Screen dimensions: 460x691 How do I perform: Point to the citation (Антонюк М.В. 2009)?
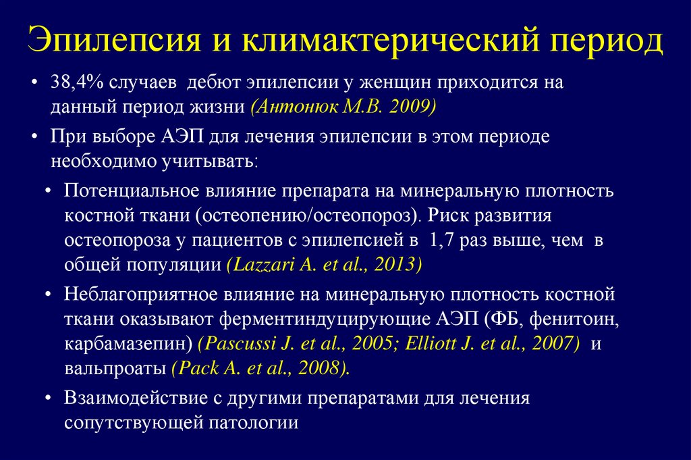pyautogui.click(x=343, y=107)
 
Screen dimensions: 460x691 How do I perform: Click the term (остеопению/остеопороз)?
pyautogui.click(x=304, y=216)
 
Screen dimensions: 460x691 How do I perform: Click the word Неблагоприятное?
pyautogui.click(x=136, y=295)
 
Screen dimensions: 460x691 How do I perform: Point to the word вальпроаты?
pyautogui.click(x=115, y=369)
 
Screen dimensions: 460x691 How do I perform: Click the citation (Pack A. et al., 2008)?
pyautogui.click(x=260, y=369)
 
